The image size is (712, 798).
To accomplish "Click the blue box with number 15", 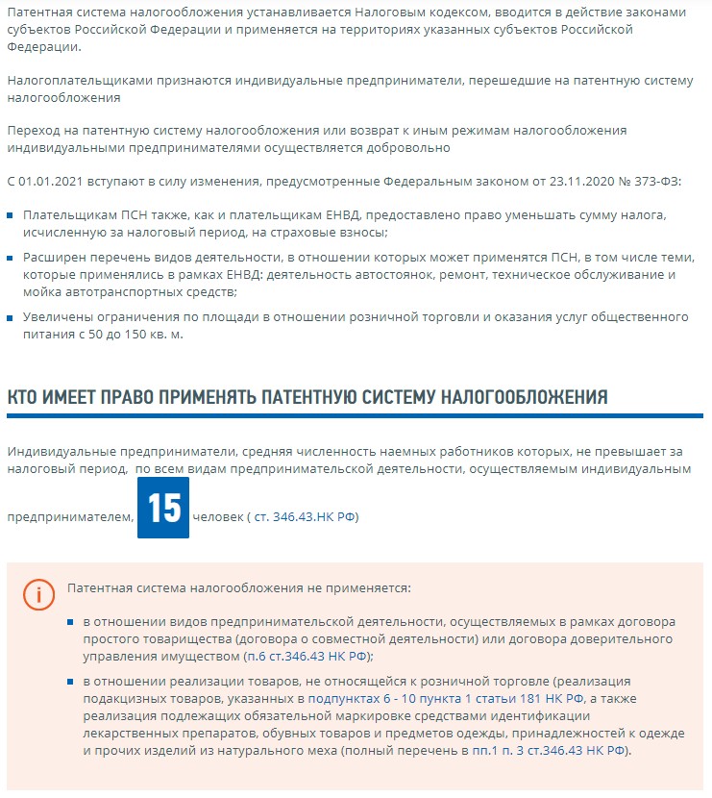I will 163,509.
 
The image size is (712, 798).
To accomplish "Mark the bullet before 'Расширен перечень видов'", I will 12,259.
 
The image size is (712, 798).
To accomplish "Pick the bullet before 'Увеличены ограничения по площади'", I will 12,318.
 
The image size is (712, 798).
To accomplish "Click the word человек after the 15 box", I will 217,517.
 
